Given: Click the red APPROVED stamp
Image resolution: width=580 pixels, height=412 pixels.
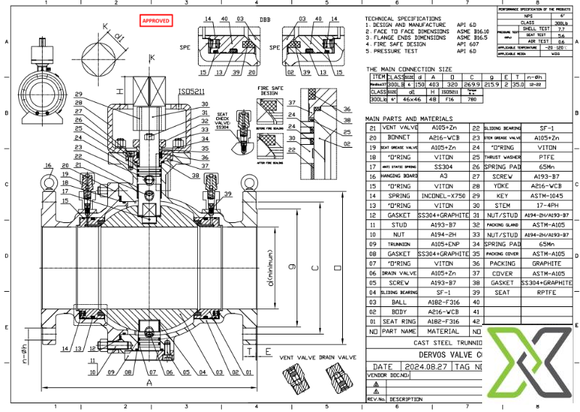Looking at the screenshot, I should coord(155,22).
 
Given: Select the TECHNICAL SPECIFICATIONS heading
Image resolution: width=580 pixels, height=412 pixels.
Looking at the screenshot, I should coord(402,18).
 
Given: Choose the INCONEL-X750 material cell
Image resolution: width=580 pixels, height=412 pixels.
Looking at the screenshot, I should coord(443,196).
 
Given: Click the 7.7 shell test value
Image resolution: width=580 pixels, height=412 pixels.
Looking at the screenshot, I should coord(560,28).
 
